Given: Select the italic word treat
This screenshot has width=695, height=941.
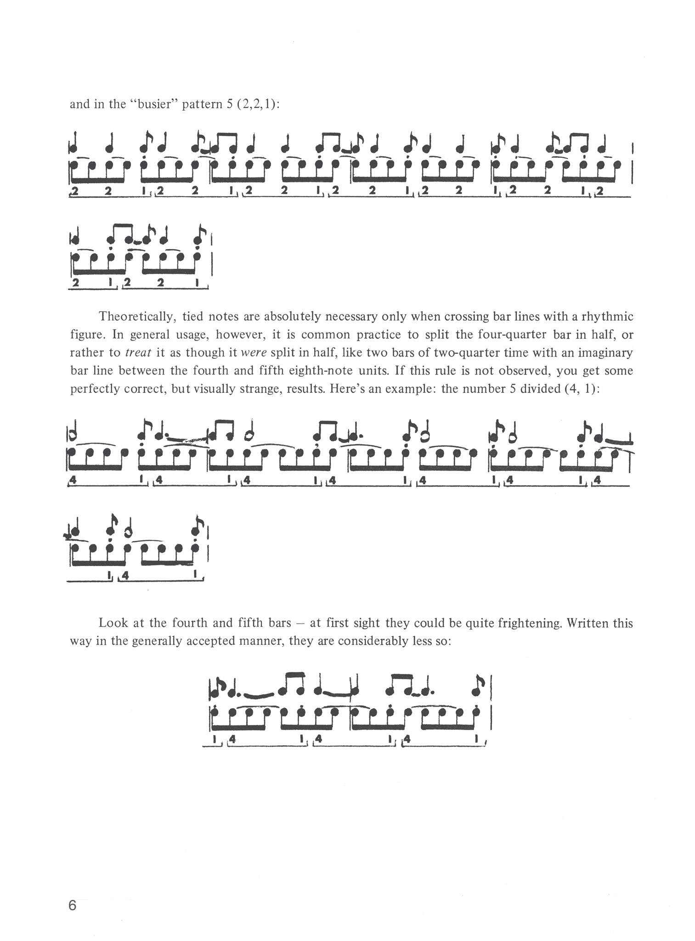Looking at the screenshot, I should (x=138, y=353).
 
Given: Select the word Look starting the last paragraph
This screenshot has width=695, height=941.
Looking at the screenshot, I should (x=112, y=624).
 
